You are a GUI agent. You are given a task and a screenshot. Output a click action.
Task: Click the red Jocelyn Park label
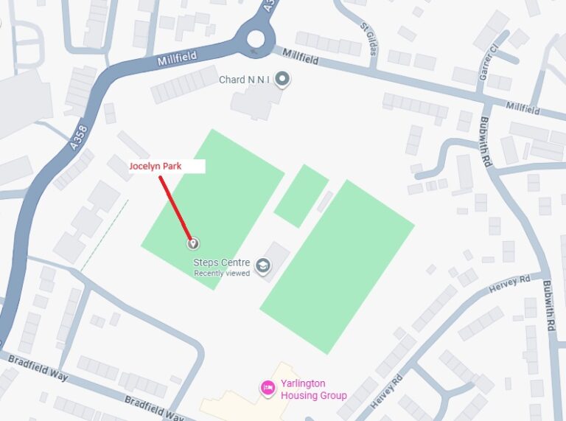click(x=156, y=167)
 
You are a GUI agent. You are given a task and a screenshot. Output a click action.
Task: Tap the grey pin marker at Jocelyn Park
click(x=192, y=243)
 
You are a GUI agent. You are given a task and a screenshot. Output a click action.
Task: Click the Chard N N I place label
click(x=244, y=80)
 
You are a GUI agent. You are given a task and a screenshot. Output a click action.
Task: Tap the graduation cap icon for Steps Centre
click(x=263, y=265)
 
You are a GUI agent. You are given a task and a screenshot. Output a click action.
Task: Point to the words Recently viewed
click(x=222, y=274)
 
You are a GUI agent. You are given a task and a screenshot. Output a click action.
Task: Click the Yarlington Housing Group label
click(x=313, y=389)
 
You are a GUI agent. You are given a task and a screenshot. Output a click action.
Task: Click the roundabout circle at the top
click(x=256, y=38)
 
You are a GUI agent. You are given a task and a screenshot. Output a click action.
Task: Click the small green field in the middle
click(x=301, y=195)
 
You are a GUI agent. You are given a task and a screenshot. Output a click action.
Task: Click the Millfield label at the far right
click(x=523, y=108)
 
